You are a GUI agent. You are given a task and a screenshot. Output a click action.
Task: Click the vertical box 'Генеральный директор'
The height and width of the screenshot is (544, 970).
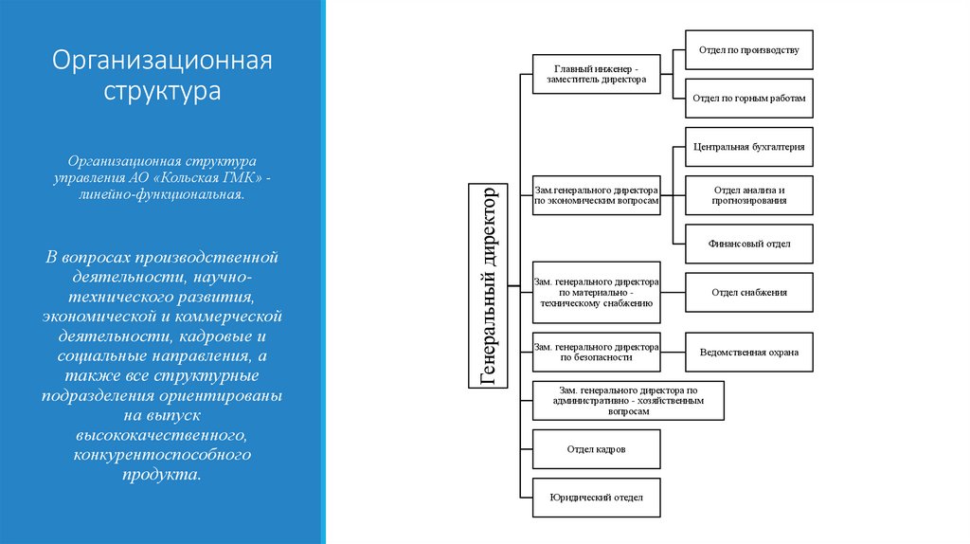[489, 285]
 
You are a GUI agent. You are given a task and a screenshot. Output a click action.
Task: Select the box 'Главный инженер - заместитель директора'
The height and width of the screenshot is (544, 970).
[596, 74]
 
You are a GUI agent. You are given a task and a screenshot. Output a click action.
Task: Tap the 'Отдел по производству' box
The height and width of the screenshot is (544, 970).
[748, 49]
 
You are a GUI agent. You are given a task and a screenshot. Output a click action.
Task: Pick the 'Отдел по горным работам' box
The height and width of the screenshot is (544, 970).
[748, 98]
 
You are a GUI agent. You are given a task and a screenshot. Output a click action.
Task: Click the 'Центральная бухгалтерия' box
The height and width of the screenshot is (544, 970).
[748, 147]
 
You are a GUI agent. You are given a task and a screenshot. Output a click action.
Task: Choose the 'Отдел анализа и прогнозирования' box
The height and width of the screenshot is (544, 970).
[748, 195]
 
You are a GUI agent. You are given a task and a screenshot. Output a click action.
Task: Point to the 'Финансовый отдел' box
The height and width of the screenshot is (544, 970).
[748, 244]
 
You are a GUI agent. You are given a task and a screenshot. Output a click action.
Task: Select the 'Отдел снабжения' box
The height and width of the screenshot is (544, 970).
[748, 293]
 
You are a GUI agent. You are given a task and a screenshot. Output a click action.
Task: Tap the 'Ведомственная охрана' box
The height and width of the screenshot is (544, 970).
[748, 353]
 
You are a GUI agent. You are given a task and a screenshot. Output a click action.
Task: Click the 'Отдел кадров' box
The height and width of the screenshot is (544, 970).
[596, 448]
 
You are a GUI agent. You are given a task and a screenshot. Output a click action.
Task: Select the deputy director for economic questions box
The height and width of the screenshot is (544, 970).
[596, 195]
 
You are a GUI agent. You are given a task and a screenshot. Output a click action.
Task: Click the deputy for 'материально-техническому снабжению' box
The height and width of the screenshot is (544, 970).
[596, 292]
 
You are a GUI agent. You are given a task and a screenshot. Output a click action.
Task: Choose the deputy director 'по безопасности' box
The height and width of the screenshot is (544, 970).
[596, 353]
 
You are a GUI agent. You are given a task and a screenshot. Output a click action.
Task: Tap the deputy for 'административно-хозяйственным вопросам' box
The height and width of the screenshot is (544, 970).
[628, 401]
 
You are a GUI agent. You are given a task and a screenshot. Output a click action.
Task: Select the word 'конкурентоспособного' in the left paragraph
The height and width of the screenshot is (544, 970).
[162, 455]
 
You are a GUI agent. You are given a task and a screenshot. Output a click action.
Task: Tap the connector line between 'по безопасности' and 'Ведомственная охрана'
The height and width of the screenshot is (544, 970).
[673, 353]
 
